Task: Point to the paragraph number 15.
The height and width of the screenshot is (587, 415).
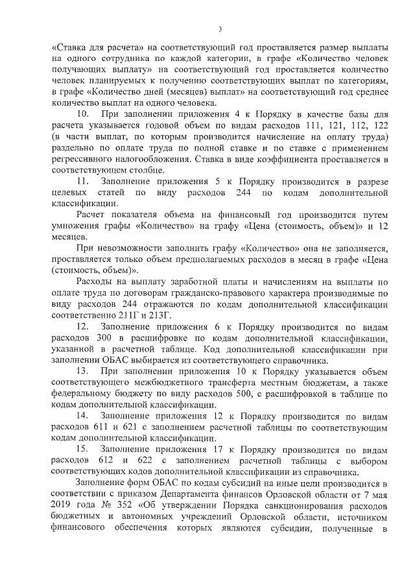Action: pyautogui.click(x=83, y=448)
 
